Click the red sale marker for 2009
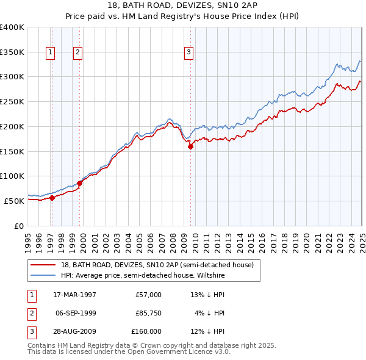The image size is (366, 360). [x=190, y=146]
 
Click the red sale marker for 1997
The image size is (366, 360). [x=52, y=198]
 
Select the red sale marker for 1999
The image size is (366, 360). [x=79, y=183]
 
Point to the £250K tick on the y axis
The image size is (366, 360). [x=12, y=102]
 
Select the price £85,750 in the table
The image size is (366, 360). [x=148, y=313]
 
